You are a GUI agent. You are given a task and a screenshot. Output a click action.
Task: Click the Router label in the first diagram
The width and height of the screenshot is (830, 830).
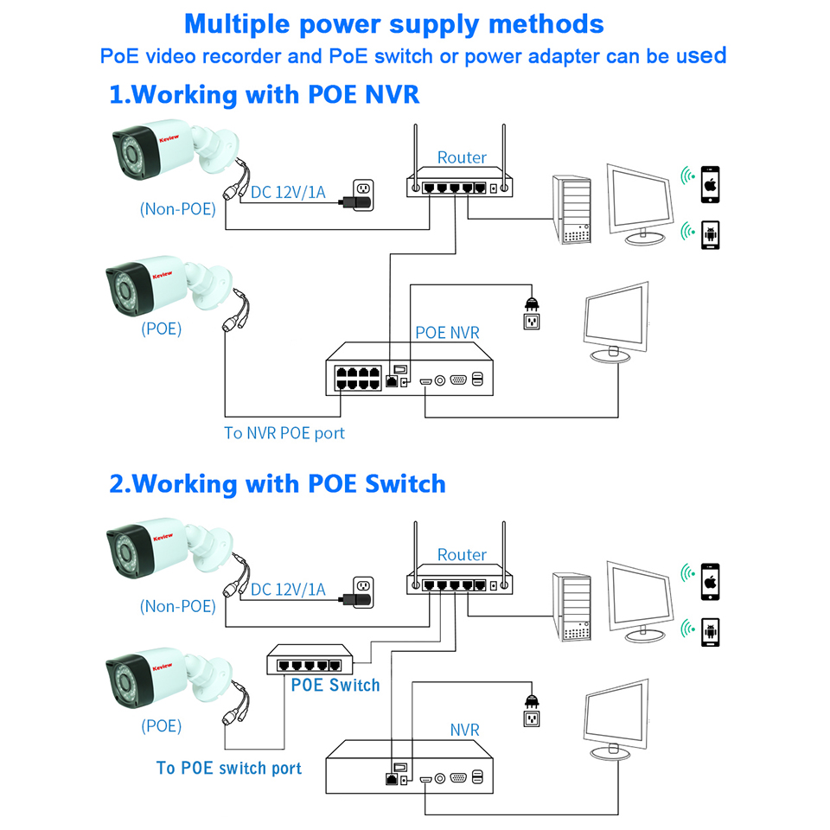pyautogui.click(x=462, y=157)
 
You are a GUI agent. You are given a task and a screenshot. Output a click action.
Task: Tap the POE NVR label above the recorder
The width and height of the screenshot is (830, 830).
pyautogui.click(x=447, y=332)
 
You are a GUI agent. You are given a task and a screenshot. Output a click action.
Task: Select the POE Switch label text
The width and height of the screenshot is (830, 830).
pyautogui.click(x=335, y=685)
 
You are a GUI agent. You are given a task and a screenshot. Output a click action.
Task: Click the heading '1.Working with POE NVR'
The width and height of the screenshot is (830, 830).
pyautogui.click(x=264, y=93)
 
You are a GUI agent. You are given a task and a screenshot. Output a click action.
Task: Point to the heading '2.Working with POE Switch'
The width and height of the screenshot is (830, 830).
pyautogui.click(x=277, y=482)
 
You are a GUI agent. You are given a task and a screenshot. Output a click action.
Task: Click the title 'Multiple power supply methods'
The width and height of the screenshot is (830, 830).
pyautogui.click(x=394, y=23)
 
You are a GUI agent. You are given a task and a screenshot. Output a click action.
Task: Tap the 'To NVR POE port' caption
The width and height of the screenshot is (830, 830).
pyautogui.click(x=284, y=432)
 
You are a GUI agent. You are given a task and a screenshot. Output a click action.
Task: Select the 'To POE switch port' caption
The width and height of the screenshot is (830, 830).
pyautogui.click(x=229, y=768)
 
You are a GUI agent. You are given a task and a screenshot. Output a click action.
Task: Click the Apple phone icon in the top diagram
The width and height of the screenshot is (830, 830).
pyautogui.click(x=711, y=183)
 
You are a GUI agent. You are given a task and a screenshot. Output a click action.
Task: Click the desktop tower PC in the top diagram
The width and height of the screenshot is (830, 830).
pyautogui.click(x=573, y=209)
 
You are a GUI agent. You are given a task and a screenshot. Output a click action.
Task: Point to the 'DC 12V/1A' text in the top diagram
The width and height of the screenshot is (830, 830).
pyautogui.click(x=288, y=192)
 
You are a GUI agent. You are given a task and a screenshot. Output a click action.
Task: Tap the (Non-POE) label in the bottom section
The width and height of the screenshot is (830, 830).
pyautogui.click(x=177, y=606)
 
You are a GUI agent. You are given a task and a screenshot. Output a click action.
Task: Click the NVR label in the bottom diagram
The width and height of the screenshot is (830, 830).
pyautogui.click(x=464, y=731)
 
